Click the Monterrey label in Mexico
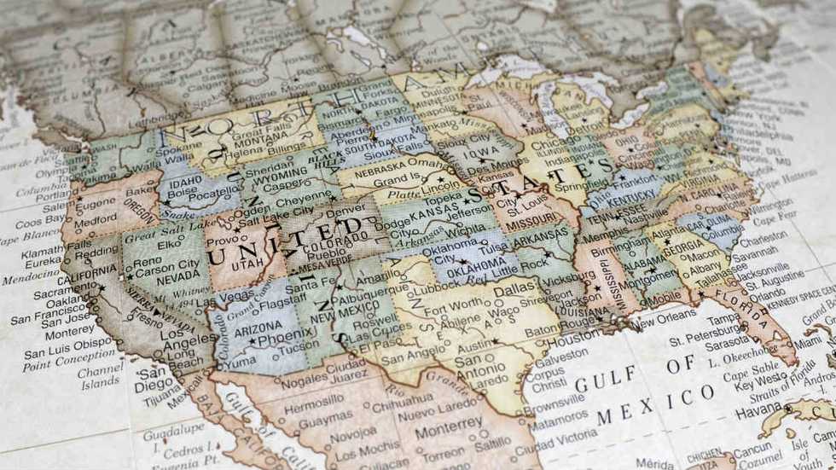click(x=449, y=423)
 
